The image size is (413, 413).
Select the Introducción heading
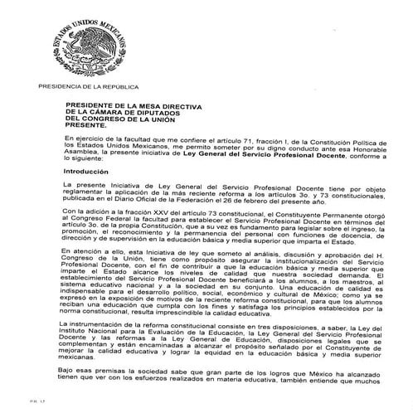[x=87, y=169]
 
